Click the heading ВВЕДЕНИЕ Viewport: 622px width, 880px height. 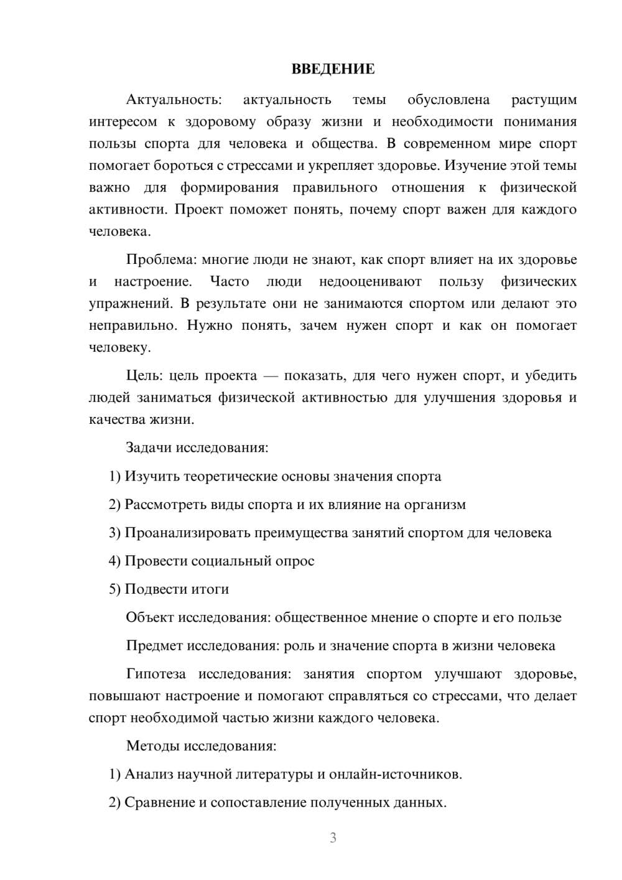coord(333,69)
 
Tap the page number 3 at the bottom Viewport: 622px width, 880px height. coord(333,838)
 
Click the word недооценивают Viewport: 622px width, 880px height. coord(370,281)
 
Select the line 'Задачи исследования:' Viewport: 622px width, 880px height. coord(197,447)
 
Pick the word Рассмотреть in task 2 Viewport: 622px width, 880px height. coord(163,504)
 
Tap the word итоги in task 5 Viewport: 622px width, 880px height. coord(210,589)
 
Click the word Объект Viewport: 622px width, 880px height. coord(150,617)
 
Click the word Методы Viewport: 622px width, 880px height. coord(150,746)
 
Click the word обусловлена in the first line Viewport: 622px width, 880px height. coord(448,100)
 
